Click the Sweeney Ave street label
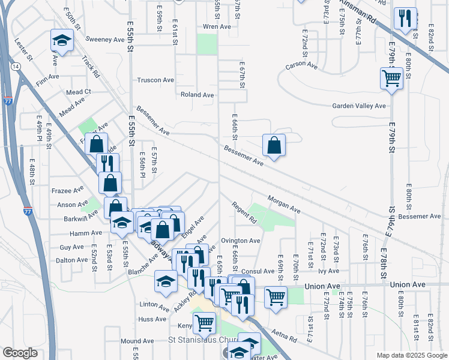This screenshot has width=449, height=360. pyautogui.click(x=104, y=40)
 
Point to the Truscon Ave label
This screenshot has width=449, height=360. pyautogui.click(x=155, y=80)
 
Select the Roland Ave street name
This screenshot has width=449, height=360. pyautogui.click(x=197, y=95)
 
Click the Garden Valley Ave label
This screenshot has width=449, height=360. pyautogui.click(x=359, y=106)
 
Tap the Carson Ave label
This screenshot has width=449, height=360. pyautogui.click(x=301, y=65)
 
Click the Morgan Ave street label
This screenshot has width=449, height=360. pyautogui.click(x=283, y=205)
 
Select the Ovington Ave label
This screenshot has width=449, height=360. pyautogui.click(x=240, y=241)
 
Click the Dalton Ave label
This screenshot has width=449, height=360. pyautogui.click(x=71, y=260)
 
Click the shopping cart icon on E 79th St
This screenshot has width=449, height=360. pyautogui.click(x=391, y=79)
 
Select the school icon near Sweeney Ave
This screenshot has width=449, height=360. pyautogui.click(x=61, y=41)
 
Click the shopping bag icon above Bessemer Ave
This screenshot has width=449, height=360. pyautogui.click(x=274, y=145)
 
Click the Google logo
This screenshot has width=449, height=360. pyautogui.click(x=20, y=353)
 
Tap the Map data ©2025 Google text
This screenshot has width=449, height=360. pyautogui.click(x=411, y=355)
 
